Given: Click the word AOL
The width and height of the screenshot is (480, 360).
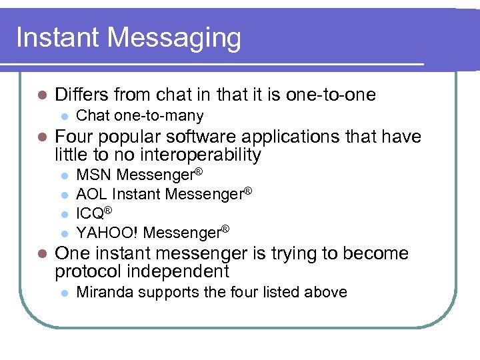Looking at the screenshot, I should pos(92,194).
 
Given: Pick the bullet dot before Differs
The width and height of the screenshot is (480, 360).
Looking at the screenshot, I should pos(41,95).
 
